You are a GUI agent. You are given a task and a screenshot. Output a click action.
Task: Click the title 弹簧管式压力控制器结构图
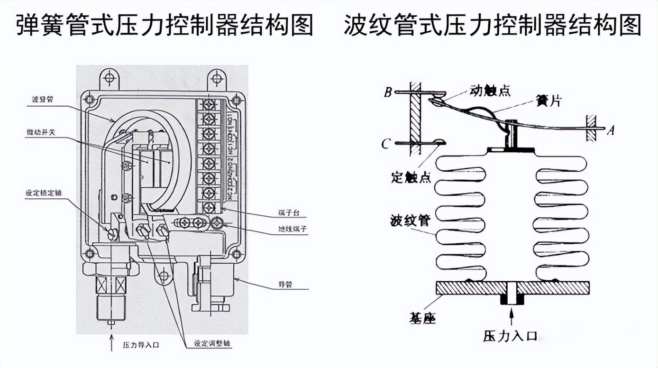click(164, 25)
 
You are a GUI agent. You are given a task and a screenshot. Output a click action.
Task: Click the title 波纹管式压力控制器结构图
click(493, 25)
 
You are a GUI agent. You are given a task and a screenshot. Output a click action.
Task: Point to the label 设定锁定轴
click(44, 193)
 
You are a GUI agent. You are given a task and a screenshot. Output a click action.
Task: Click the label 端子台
click(288, 212)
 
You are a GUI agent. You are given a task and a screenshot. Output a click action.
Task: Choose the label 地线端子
click(292, 229)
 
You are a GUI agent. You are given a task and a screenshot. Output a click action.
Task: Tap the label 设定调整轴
click(213, 344)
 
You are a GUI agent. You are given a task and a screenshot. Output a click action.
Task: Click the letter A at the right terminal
click(611, 130)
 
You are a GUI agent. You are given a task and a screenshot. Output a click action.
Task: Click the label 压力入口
click(510, 337)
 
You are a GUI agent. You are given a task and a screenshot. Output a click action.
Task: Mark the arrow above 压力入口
click(511, 316)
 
